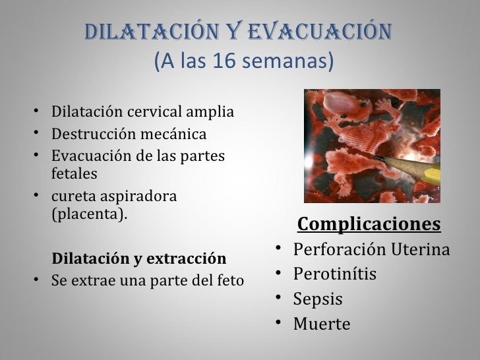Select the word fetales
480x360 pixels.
pos(73,174)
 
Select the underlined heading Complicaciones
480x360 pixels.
pos(369,225)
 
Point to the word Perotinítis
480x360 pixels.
pos(335,274)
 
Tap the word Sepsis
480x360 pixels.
pos(318,299)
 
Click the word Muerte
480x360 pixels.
pos(322,324)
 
